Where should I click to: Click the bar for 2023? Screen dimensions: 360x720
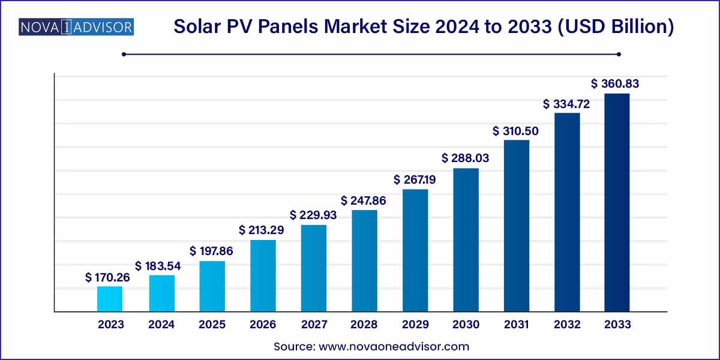[x=110, y=299]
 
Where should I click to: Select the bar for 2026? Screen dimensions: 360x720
[x=263, y=276]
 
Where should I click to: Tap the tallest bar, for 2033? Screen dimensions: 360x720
[x=617, y=203]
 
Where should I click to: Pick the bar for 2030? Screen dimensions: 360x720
[x=466, y=240]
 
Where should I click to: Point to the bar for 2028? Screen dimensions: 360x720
[x=364, y=261]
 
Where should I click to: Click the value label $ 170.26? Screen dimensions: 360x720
[x=110, y=277]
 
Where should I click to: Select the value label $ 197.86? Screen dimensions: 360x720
[x=211, y=251]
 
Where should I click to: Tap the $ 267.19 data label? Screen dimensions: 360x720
[x=416, y=179]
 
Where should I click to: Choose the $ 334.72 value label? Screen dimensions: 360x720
[x=566, y=104]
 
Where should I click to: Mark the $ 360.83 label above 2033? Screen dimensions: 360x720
[x=615, y=84]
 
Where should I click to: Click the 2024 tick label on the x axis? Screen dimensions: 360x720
[x=161, y=325]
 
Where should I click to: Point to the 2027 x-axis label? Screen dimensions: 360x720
[x=313, y=325]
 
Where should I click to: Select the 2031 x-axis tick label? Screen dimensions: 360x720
[x=516, y=325]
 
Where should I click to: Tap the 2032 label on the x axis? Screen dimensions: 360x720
[x=567, y=325]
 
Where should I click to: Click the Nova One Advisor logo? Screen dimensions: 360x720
[x=76, y=27]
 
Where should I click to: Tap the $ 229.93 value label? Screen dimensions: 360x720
[x=314, y=214]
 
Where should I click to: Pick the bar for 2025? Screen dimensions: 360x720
[x=212, y=286]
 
